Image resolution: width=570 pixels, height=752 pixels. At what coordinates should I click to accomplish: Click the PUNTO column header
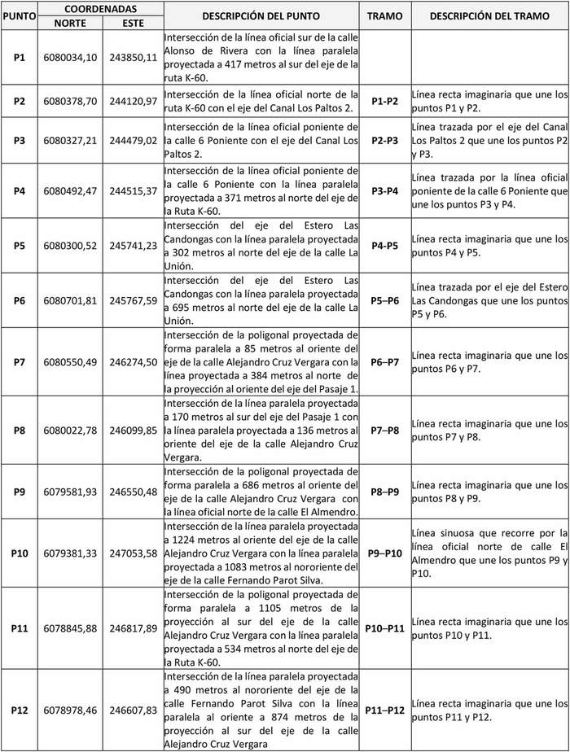pos(20,16)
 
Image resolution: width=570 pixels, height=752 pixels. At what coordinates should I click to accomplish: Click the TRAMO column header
pos(384,16)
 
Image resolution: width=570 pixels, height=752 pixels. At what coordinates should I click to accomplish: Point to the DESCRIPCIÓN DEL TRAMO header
pos(489,16)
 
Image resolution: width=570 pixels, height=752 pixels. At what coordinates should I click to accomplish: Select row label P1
pos(20,57)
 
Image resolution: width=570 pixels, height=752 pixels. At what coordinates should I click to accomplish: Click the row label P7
pos(20,361)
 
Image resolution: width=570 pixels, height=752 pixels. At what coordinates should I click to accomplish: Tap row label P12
pos(20,710)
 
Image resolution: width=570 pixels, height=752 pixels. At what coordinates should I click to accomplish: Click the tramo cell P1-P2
pos(384,101)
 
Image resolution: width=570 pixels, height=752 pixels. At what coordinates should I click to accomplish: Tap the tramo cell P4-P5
pos(384,246)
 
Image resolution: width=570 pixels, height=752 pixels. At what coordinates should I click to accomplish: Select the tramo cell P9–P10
pos(384,553)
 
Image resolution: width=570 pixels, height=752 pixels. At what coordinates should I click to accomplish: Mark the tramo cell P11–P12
pos(384,710)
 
